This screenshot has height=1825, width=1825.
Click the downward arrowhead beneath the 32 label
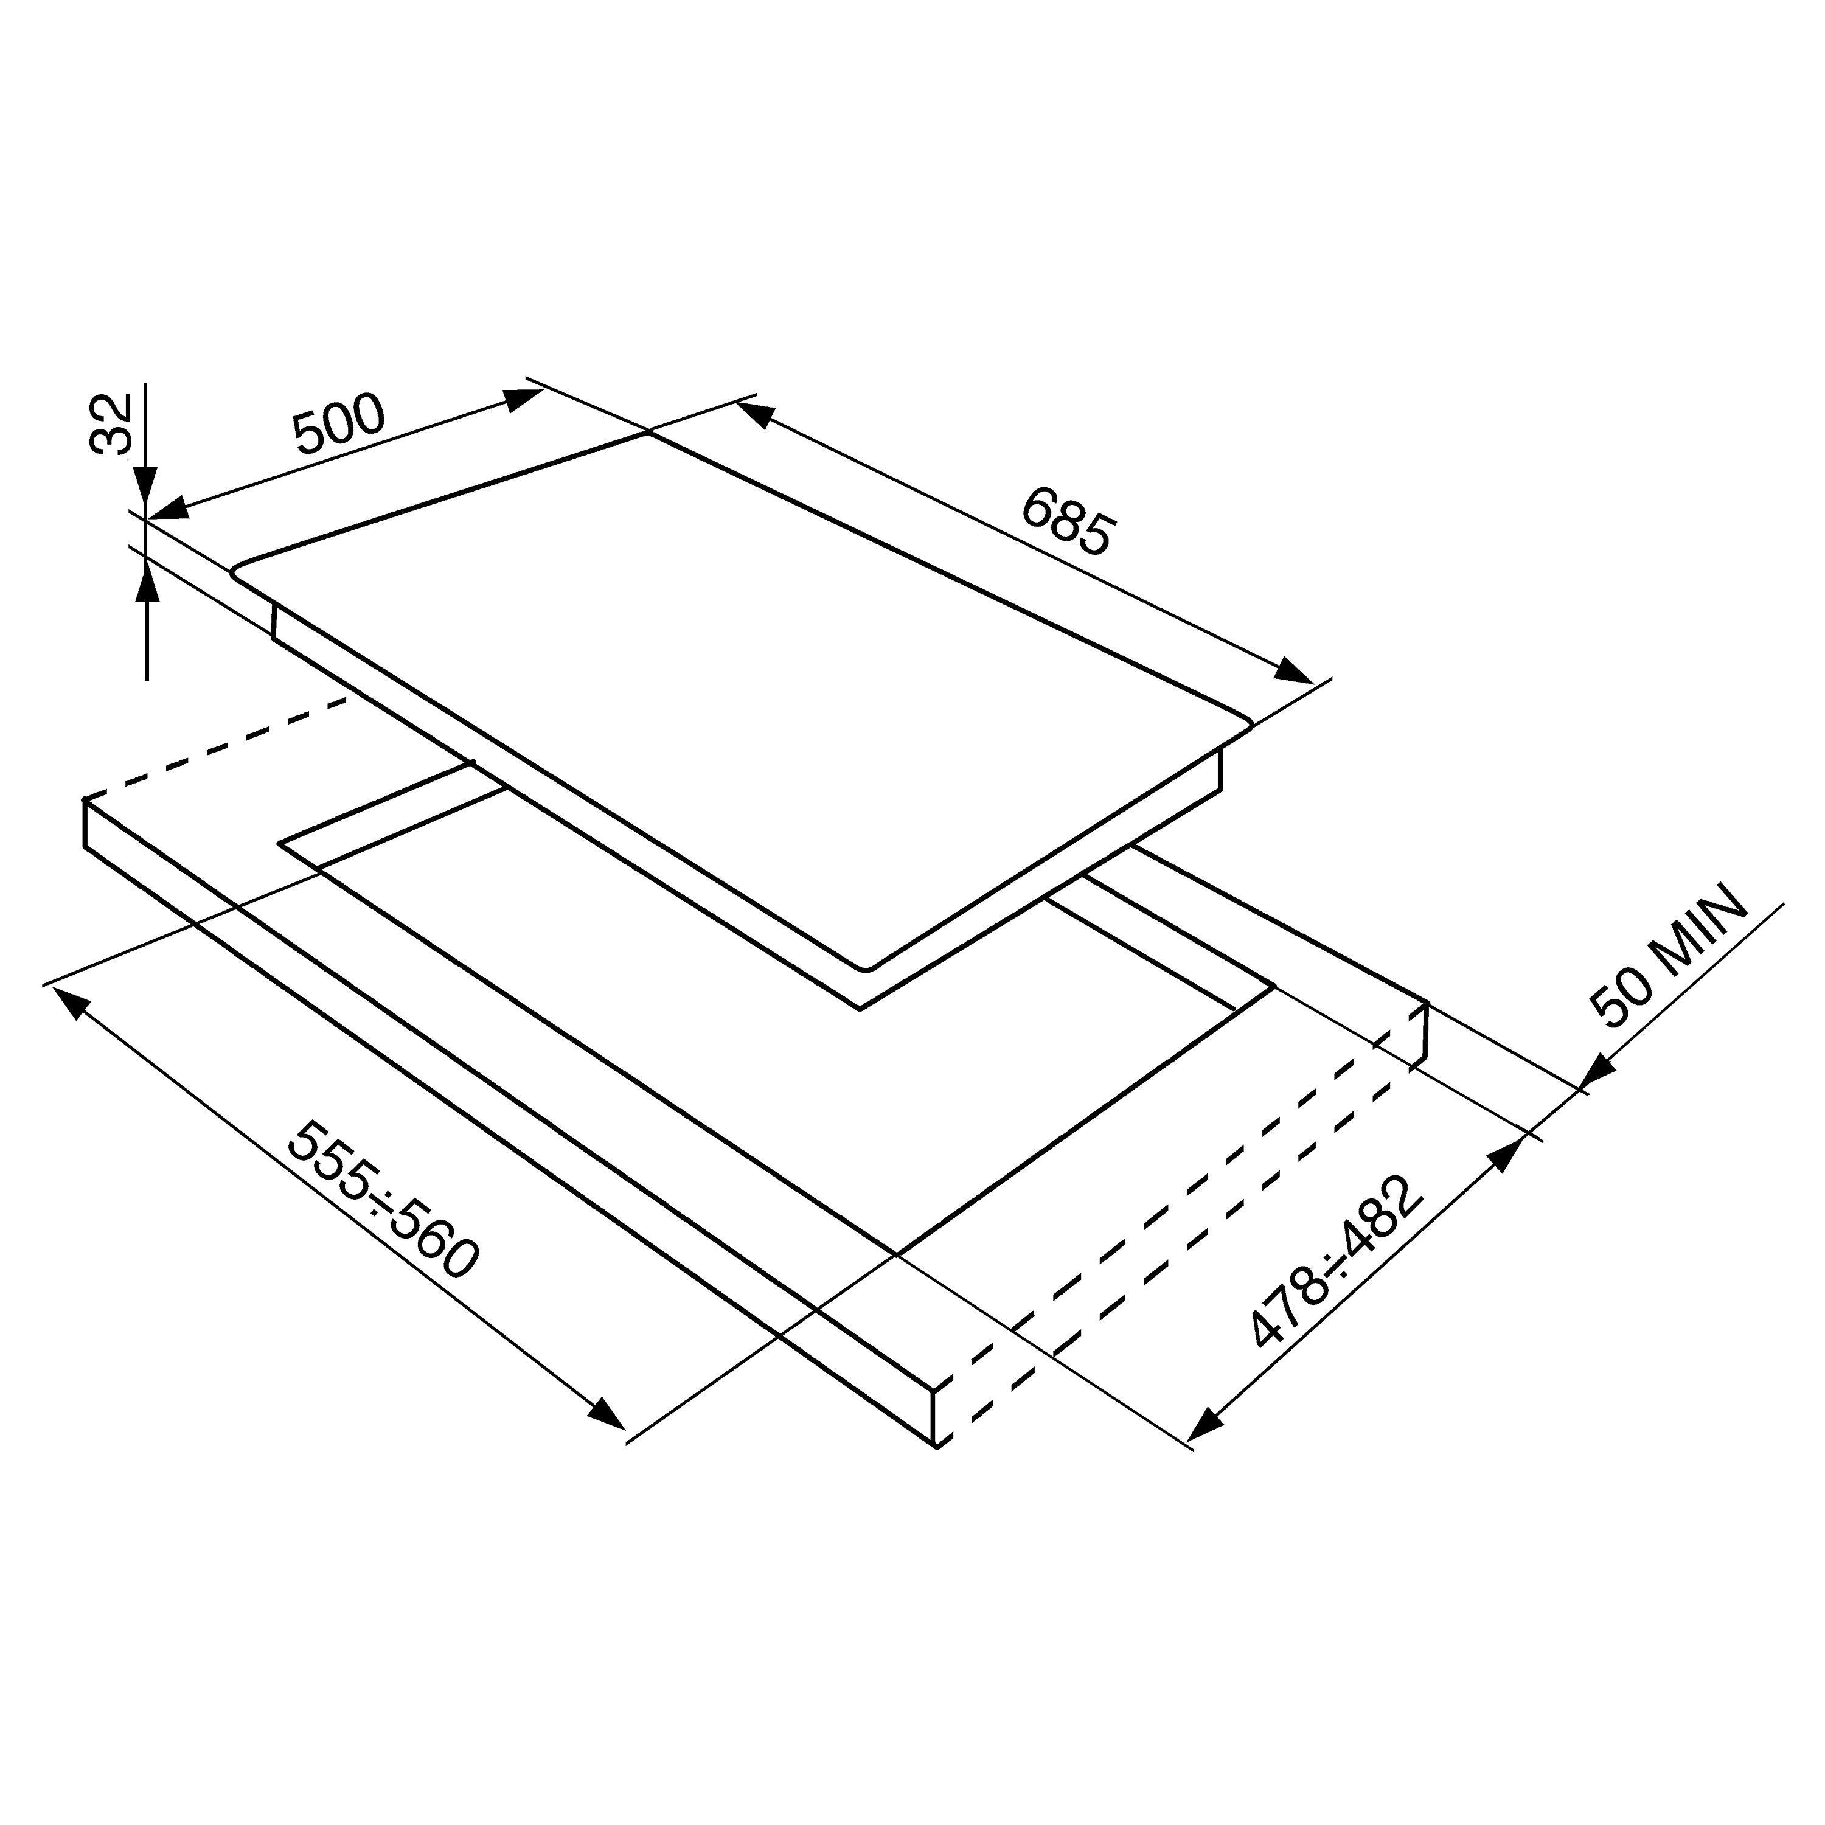pos(145,491)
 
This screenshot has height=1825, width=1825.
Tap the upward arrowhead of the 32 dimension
pos(147,575)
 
